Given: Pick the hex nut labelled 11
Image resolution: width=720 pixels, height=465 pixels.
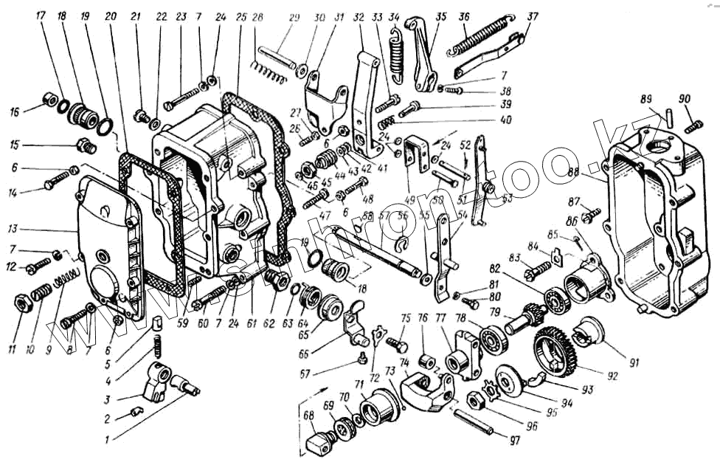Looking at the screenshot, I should click(21, 301).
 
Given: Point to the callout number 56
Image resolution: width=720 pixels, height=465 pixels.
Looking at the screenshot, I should click(401, 216).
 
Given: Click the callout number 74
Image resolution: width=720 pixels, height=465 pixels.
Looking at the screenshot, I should click(404, 362).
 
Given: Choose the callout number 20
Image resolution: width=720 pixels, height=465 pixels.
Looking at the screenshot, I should click(111, 15).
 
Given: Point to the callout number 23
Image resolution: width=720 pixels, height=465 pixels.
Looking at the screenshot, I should click(180, 15).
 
